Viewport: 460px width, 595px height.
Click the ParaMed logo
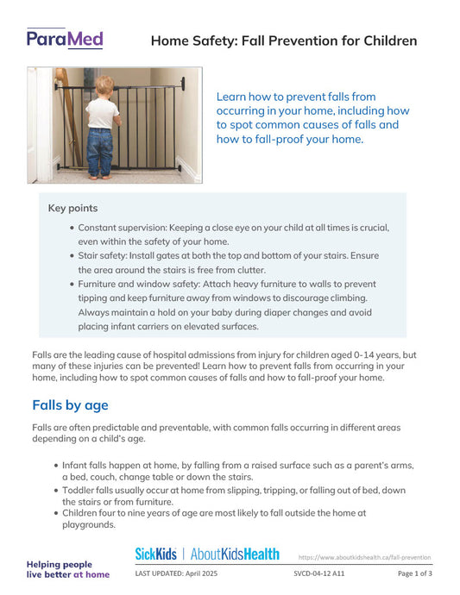pos(65,38)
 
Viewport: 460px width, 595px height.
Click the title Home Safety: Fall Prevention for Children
pos(284,41)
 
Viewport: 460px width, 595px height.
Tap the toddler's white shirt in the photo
pos(103,112)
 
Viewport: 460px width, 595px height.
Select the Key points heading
pos(72,208)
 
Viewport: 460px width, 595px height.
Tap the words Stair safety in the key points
pos(106,256)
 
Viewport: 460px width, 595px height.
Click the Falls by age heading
pos(70,405)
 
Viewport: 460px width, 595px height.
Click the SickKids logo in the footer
pos(156,554)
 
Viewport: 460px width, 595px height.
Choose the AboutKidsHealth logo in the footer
pos(235,554)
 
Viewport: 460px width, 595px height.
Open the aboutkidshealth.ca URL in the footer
pos(364,557)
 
